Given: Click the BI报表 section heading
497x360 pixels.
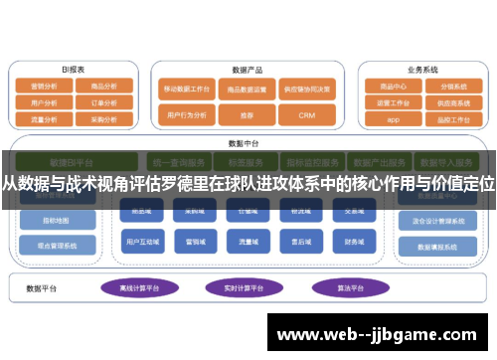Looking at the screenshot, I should coord(74,70).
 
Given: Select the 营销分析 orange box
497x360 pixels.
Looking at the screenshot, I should coord(45,87).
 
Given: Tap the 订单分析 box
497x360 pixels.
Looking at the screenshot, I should coord(103,101).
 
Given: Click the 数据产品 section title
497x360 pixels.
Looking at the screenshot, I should coord(247,70).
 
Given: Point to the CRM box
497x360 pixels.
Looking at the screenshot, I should coord(306,115).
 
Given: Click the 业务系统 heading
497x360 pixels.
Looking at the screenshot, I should coord(422,70).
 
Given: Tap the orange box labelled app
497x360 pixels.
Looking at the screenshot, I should coord(394,119).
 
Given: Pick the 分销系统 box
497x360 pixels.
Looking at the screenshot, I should coord(451,87).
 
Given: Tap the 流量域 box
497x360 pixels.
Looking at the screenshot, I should coord(246,241).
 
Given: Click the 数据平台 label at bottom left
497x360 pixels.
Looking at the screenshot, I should coord(45,288).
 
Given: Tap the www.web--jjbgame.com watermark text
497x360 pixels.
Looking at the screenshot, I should coord(381,334).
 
